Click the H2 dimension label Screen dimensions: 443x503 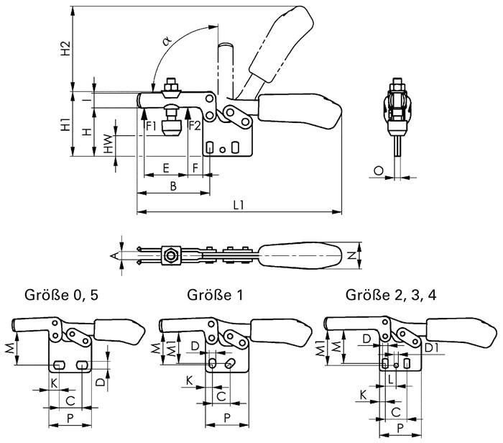pyautogui.click(x=65, y=49)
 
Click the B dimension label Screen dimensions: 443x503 pyautogui.click(x=173, y=186)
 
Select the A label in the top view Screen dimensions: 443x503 pyautogui.click(x=113, y=255)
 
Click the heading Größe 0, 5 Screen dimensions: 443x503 pyautogui.click(x=57, y=296)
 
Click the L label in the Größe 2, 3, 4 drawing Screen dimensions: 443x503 pyautogui.click(x=390, y=377)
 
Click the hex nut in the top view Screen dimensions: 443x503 pyautogui.click(x=172, y=255)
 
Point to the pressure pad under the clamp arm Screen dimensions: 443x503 pyautogui.click(x=171, y=129)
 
